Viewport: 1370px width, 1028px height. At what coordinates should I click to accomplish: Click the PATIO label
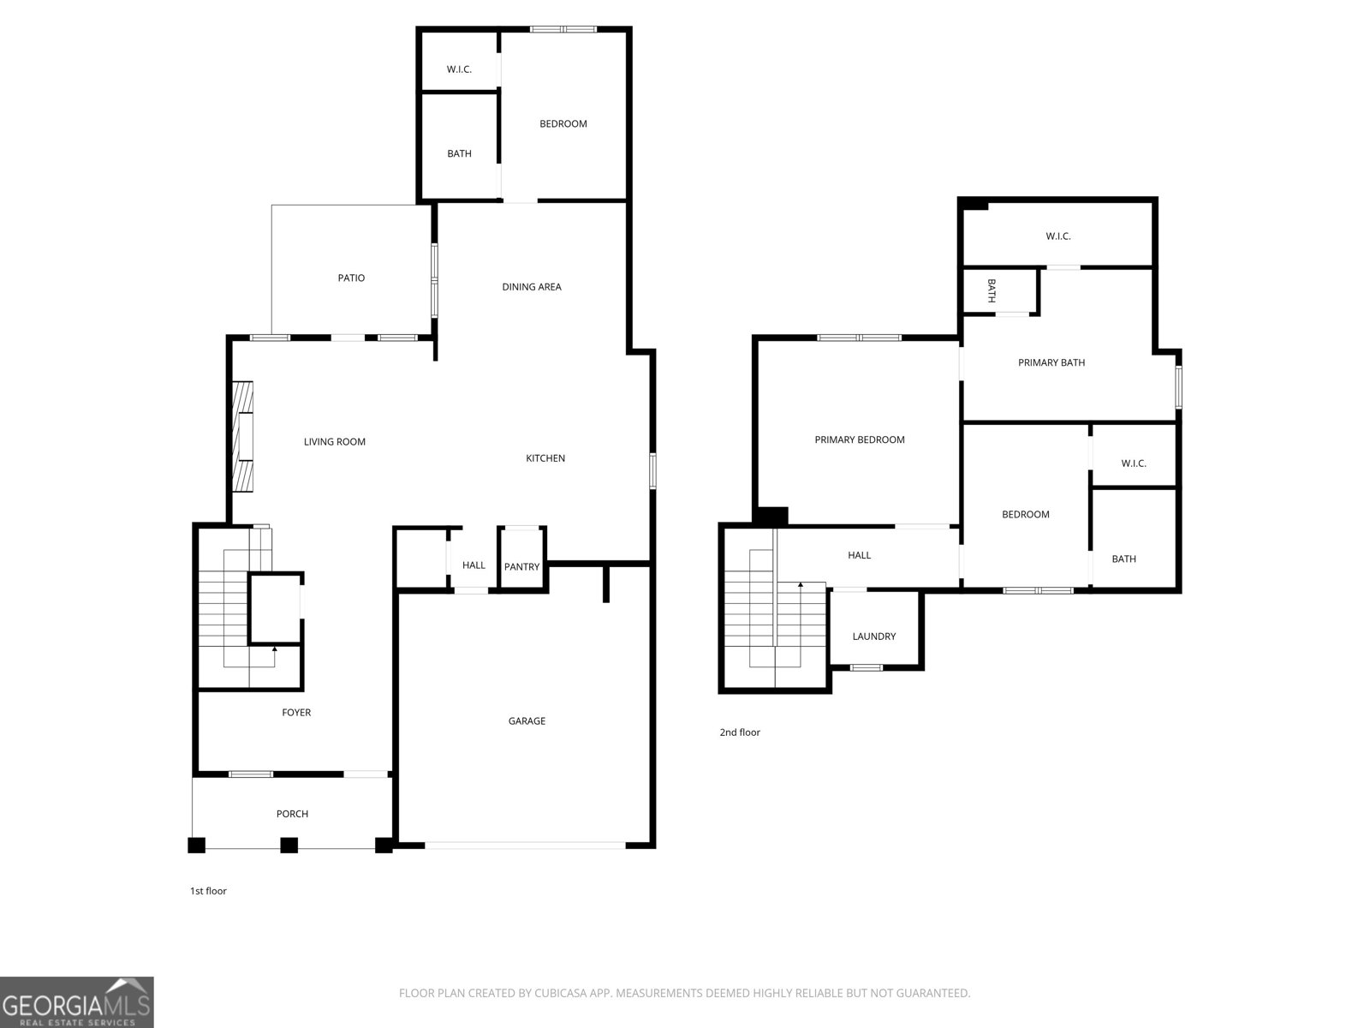tap(351, 278)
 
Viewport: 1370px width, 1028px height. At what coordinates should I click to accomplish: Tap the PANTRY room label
tap(521, 567)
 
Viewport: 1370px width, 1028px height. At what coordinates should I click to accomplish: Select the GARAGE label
tap(527, 721)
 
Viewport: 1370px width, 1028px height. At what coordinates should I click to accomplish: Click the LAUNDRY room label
tap(874, 637)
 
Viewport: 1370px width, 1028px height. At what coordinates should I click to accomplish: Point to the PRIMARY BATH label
tap(1051, 362)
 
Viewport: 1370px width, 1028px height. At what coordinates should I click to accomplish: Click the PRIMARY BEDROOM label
tap(859, 439)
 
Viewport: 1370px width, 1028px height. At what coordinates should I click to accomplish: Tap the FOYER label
tap(296, 713)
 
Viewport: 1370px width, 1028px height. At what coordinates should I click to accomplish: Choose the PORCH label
tap(292, 814)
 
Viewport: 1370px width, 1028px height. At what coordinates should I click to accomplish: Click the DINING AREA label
tap(531, 287)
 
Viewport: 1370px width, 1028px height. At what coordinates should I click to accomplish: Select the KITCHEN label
tap(545, 458)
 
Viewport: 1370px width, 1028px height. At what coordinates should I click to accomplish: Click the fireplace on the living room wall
tap(244, 437)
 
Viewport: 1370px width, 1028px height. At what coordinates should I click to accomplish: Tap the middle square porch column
tap(289, 845)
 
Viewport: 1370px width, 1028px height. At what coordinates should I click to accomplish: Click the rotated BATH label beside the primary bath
tap(992, 291)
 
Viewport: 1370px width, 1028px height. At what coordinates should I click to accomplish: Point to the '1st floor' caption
tap(208, 891)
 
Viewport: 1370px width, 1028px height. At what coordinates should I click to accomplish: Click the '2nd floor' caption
tap(739, 732)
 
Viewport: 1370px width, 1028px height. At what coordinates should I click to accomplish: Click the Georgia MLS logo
tap(77, 1002)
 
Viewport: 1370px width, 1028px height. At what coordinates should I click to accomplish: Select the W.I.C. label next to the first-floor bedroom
tap(459, 69)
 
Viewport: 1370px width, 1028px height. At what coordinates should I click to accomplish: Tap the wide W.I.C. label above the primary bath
tap(1057, 236)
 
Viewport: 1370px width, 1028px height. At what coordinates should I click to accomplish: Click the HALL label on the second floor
tap(859, 555)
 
